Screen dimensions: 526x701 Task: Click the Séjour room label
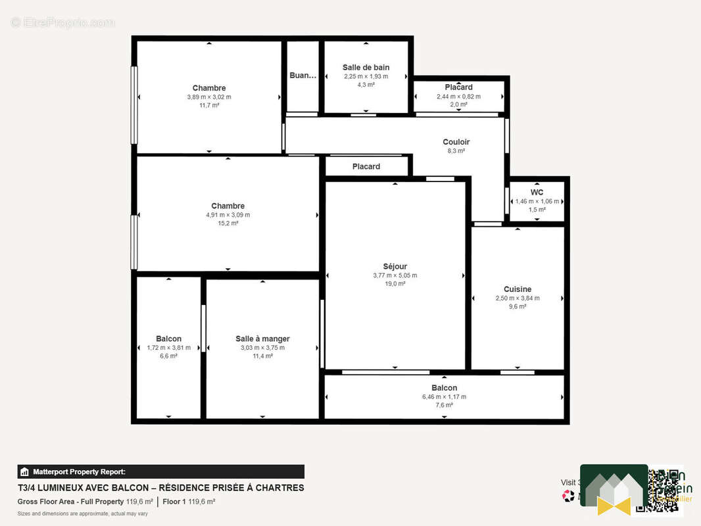click(395, 266)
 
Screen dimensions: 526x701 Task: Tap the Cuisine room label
click(518, 289)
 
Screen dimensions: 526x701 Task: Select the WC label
click(537, 193)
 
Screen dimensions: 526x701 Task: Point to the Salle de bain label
click(366, 67)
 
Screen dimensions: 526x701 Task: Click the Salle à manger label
click(262, 339)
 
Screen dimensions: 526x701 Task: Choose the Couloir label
click(456, 142)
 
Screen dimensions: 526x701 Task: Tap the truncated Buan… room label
click(302, 76)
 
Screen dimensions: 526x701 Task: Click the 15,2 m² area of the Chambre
click(228, 224)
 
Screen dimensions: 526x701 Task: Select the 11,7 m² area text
click(209, 105)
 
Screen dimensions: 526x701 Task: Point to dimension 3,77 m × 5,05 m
click(395, 275)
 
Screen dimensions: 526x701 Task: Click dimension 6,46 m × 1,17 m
click(444, 396)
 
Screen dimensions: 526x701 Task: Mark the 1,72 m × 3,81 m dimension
click(168, 348)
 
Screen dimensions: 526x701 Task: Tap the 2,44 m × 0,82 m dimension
click(458, 96)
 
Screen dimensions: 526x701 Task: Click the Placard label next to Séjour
click(366, 166)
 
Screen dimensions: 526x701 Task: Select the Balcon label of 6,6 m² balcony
click(168, 339)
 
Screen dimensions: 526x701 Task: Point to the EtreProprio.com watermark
click(62, 22)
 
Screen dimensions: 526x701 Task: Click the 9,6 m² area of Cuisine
click(518, 306)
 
